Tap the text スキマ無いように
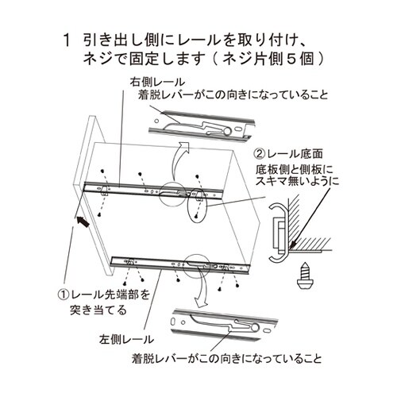[x=295, y=181]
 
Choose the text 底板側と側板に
[x=294, y=168]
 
